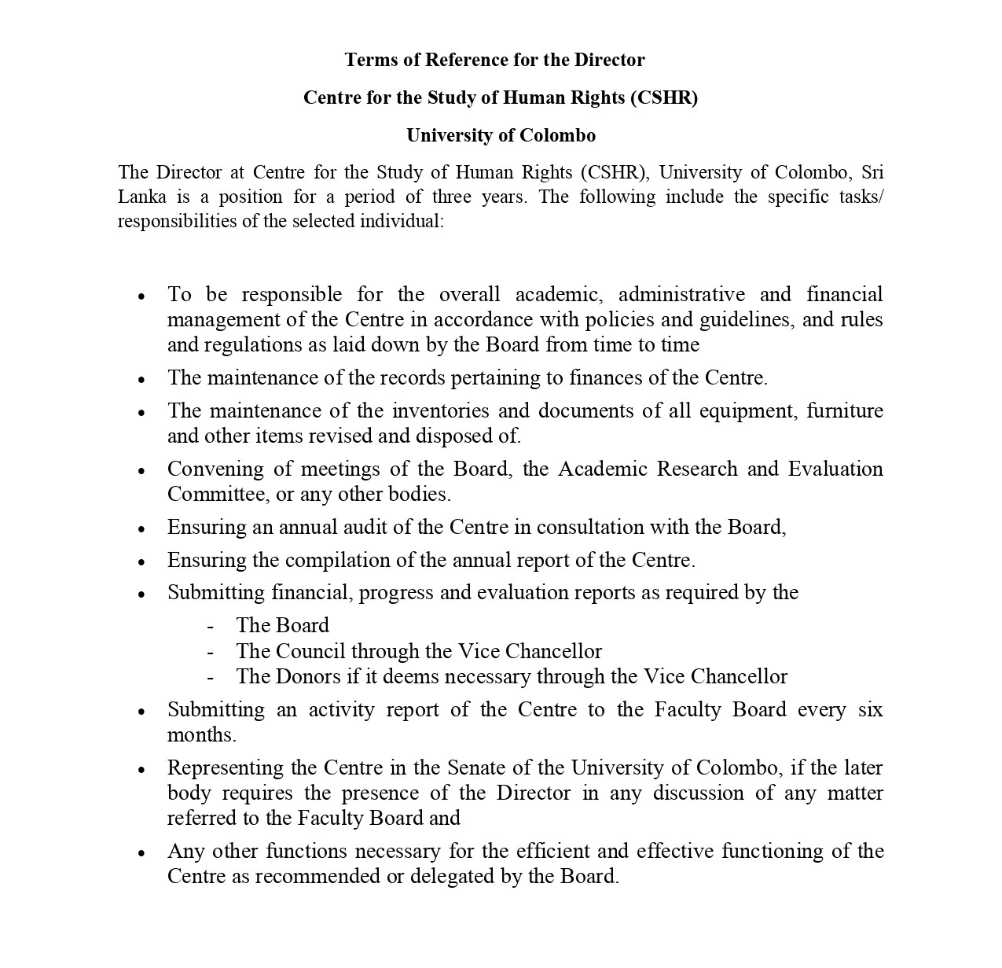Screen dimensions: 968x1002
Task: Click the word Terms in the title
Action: coord(371,60)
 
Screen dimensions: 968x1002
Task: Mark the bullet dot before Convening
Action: coord(141,472)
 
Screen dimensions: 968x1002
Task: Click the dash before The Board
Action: coord(211,627)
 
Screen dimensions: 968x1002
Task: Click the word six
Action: coord(870,710)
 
